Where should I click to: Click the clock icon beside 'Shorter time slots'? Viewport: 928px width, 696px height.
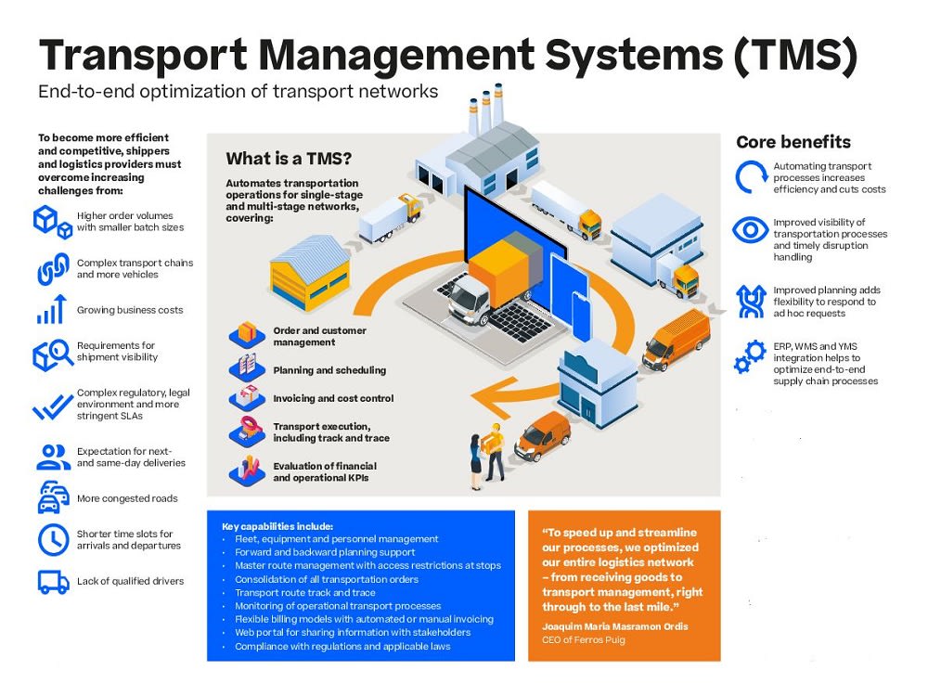tap(53, 539)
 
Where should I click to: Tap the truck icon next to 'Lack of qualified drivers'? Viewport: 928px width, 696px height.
tap(53, 582)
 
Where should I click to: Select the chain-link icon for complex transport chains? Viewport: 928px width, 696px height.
tap(53, 269)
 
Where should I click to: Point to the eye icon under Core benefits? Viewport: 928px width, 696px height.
tap(751, 229)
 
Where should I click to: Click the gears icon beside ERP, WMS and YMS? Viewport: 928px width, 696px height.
tap(750, 356)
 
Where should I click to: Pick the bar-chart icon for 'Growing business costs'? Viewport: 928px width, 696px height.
tap(52, 309)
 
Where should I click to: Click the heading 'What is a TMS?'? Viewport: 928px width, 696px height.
tap(289, 159)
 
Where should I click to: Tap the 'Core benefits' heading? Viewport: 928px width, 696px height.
tap(793, 142)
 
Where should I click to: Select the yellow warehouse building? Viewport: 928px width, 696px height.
tap(310, 272)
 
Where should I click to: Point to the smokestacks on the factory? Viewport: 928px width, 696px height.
tap(486, 109)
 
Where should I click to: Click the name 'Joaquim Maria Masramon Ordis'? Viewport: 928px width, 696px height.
tap(615, 626)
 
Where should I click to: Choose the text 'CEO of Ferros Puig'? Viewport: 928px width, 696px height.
tap(584, 639)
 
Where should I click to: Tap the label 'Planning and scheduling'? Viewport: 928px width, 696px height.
tap(329, 370)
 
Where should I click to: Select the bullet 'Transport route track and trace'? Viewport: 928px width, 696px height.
tap(305, 592)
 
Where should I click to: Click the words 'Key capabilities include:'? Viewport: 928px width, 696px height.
tap(277, 526)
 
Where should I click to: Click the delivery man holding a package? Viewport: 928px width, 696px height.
tap(495, 452)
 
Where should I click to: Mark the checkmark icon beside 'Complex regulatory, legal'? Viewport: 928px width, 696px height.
tap(53, 407)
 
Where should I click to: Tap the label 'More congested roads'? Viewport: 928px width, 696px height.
tap(127, 498)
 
